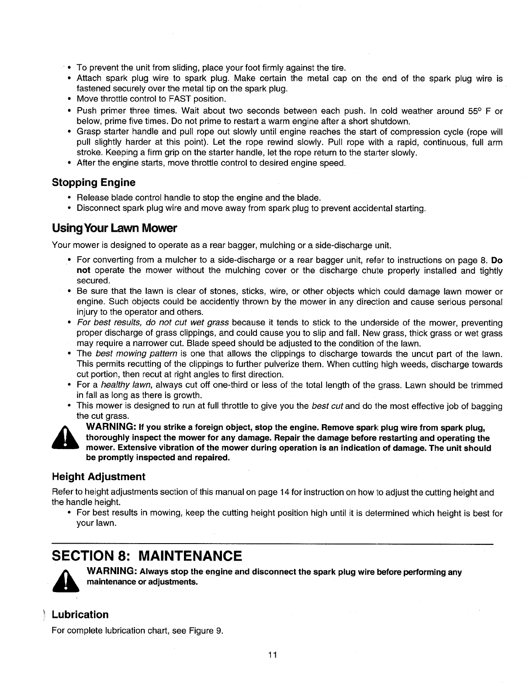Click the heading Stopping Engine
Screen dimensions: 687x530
(x=94, y=182)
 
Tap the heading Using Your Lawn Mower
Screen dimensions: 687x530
(x=114, y=228)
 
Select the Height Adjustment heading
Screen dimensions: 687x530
(x=98, y=476)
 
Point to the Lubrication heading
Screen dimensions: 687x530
(x=80, y=614)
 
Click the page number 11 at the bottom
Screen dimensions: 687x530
(x=273, y=655)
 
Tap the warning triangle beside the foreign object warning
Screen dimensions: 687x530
(x=64, y=438)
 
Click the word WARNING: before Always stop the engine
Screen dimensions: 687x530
(x=113, y=572)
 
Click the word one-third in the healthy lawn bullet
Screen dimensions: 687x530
(x=228, y=385)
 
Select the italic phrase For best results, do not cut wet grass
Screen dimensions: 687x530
(x=153, y=323)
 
